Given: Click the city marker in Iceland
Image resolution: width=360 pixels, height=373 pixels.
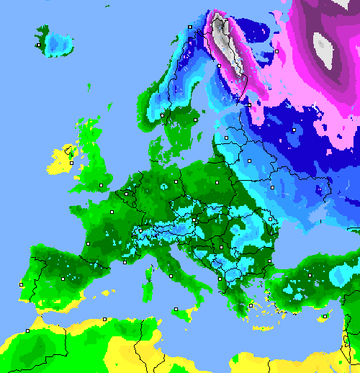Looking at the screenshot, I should (38, 45).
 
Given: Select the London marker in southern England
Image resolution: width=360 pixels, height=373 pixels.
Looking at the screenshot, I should (102, 186).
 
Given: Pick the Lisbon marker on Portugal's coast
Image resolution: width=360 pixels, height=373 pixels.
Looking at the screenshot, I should (22, 285).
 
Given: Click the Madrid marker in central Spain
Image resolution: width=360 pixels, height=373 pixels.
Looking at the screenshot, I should (63, 277).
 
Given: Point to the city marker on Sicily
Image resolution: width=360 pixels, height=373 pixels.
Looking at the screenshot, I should (176, 309).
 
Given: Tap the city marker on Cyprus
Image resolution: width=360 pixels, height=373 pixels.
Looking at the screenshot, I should (325, 315).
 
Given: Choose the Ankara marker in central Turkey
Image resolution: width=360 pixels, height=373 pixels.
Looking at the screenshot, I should (310, 275).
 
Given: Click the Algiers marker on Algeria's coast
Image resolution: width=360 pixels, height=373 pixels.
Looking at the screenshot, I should (105, 319).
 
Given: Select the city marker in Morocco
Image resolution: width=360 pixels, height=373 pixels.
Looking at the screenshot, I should (27, 331).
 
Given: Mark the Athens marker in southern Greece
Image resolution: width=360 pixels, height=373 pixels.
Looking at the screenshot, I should (251, 305).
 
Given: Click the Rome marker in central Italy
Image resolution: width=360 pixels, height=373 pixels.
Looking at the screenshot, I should (168, 274).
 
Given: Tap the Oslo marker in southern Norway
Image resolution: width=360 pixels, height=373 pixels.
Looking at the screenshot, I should (163, 114).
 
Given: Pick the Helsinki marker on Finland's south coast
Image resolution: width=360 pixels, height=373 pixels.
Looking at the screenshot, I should (249, 105).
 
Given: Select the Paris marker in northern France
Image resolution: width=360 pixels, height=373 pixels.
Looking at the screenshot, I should (112, 212).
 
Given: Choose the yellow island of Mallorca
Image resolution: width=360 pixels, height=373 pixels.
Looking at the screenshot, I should (108, 294).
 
